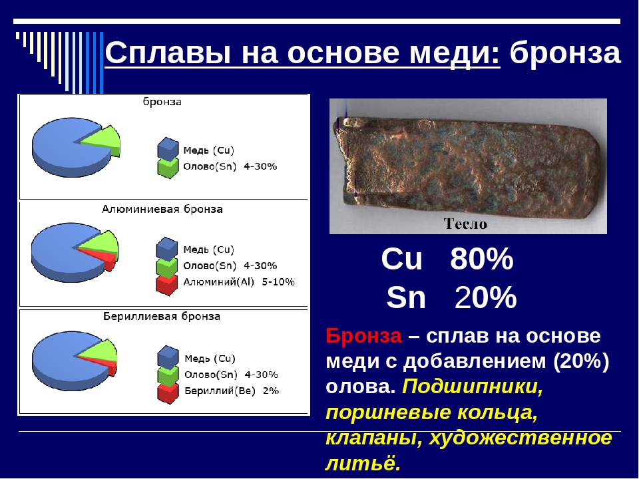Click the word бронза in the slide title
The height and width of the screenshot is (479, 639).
coord(565,53)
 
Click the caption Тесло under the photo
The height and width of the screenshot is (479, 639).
coord(465,224)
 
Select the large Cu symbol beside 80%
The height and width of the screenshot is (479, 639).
coord(402,259)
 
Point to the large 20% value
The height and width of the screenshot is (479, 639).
coord(485,297)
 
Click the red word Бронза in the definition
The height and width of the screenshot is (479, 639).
coord(363,335)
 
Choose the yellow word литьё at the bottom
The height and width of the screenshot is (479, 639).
coord(363,463)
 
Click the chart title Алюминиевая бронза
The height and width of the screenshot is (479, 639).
coord(162,210)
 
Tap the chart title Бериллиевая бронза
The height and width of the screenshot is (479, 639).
coord(161,317)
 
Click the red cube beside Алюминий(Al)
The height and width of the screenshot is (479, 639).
coord(167,285)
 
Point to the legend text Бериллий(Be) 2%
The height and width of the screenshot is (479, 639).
coord(232,391)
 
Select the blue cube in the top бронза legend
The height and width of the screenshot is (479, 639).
coord(168,148)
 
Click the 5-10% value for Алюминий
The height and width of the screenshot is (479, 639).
coord(278,282)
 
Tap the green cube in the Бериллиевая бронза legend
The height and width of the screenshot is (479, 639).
coord(168,375)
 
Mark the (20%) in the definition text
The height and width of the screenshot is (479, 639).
coord(580,361)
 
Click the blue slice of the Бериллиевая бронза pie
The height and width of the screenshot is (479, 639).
coord(61,361)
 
